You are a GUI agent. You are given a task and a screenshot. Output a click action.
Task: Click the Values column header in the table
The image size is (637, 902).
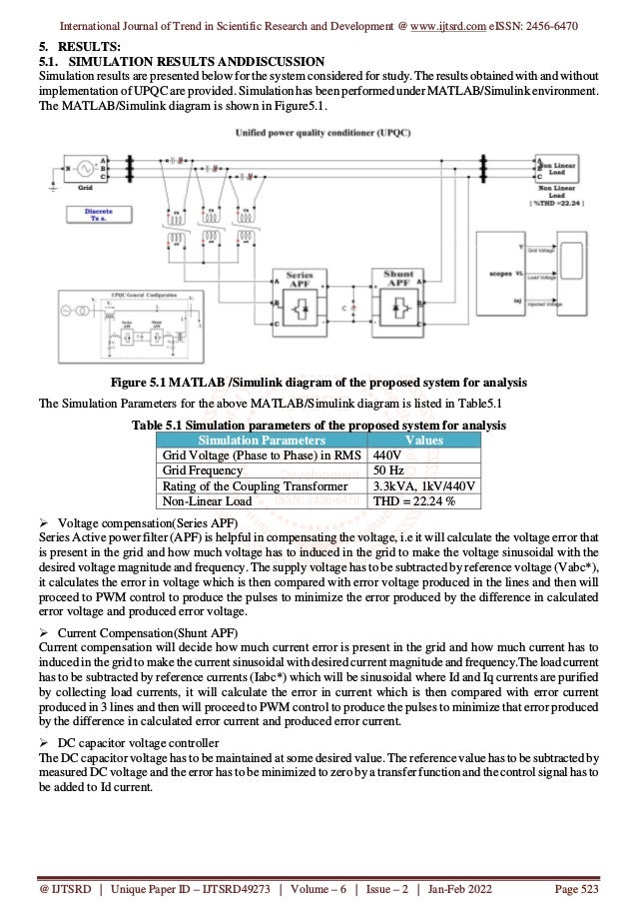427,440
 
